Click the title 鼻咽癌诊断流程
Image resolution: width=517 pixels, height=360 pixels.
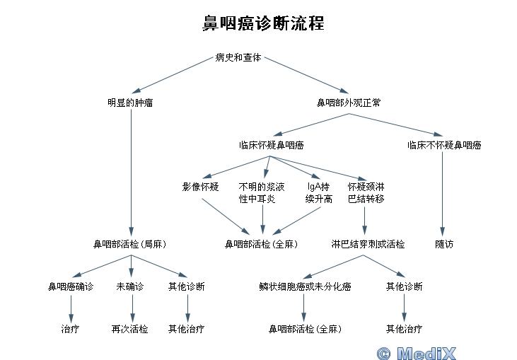tap(262, 24)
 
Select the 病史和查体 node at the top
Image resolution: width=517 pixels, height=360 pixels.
tap(238, 57)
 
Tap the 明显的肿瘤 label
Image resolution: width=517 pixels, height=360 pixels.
tap(130, 103)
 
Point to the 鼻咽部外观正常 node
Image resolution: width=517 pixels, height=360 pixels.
tap(349, 103)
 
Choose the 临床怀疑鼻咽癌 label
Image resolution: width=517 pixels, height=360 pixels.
tap(272, 145)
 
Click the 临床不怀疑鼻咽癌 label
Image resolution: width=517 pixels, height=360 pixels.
tap(444, 145)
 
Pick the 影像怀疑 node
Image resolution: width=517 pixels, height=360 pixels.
tap(200, 187)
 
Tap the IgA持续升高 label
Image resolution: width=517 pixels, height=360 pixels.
tap(319, 193)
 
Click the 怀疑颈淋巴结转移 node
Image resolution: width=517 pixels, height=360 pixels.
tap(366, 193)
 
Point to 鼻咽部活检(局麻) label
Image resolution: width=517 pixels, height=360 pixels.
tap(130, 244)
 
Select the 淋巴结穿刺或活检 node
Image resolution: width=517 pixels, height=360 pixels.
tap(368, 244)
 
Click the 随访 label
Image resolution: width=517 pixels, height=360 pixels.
tap(444, 244)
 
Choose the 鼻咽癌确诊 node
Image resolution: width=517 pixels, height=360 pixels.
tap(71, 286)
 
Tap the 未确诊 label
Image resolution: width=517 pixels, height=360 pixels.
tap(130, 286)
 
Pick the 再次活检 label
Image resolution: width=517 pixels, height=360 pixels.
tap(130, 329)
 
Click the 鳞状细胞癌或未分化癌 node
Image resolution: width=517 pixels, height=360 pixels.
tap(306, 286)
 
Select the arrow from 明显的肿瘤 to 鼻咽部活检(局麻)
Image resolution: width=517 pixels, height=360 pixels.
tap(132, 170)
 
